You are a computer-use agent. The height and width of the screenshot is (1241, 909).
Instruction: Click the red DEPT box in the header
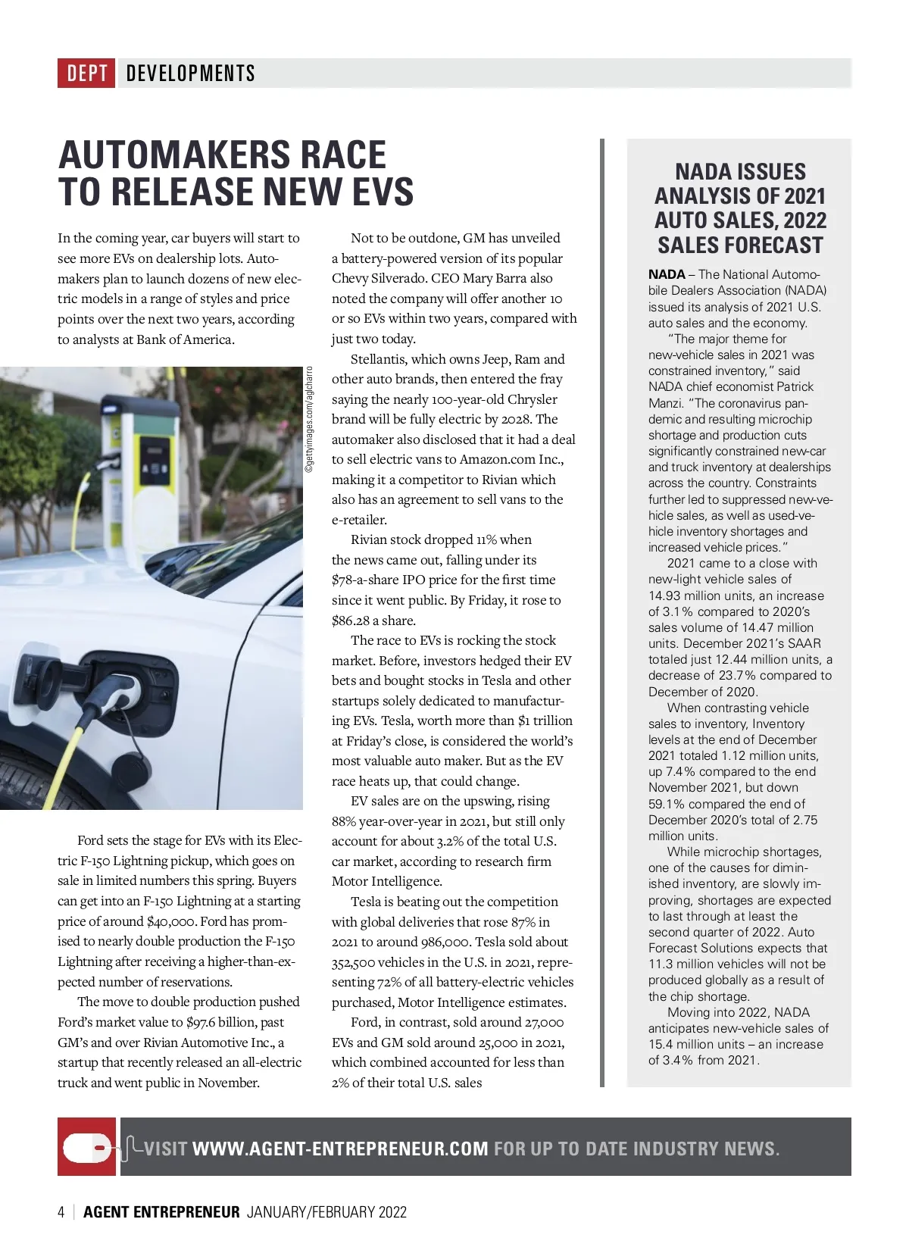coord(86,73)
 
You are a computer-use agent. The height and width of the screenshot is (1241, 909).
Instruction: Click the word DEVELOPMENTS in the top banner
coord(191,73)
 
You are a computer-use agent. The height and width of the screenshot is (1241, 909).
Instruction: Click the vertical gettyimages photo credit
coord(309,420)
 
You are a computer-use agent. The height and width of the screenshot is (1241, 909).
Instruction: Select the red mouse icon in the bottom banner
coord(87,1147)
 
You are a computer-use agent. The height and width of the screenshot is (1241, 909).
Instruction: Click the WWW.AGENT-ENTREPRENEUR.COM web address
coord(340,1149)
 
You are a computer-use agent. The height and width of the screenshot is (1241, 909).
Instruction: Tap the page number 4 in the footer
coord(61,1212)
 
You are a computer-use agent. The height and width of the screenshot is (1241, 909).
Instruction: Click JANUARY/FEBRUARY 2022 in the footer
coord(326,1212)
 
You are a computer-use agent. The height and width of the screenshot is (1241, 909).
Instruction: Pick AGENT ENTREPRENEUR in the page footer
coord(161,1212)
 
